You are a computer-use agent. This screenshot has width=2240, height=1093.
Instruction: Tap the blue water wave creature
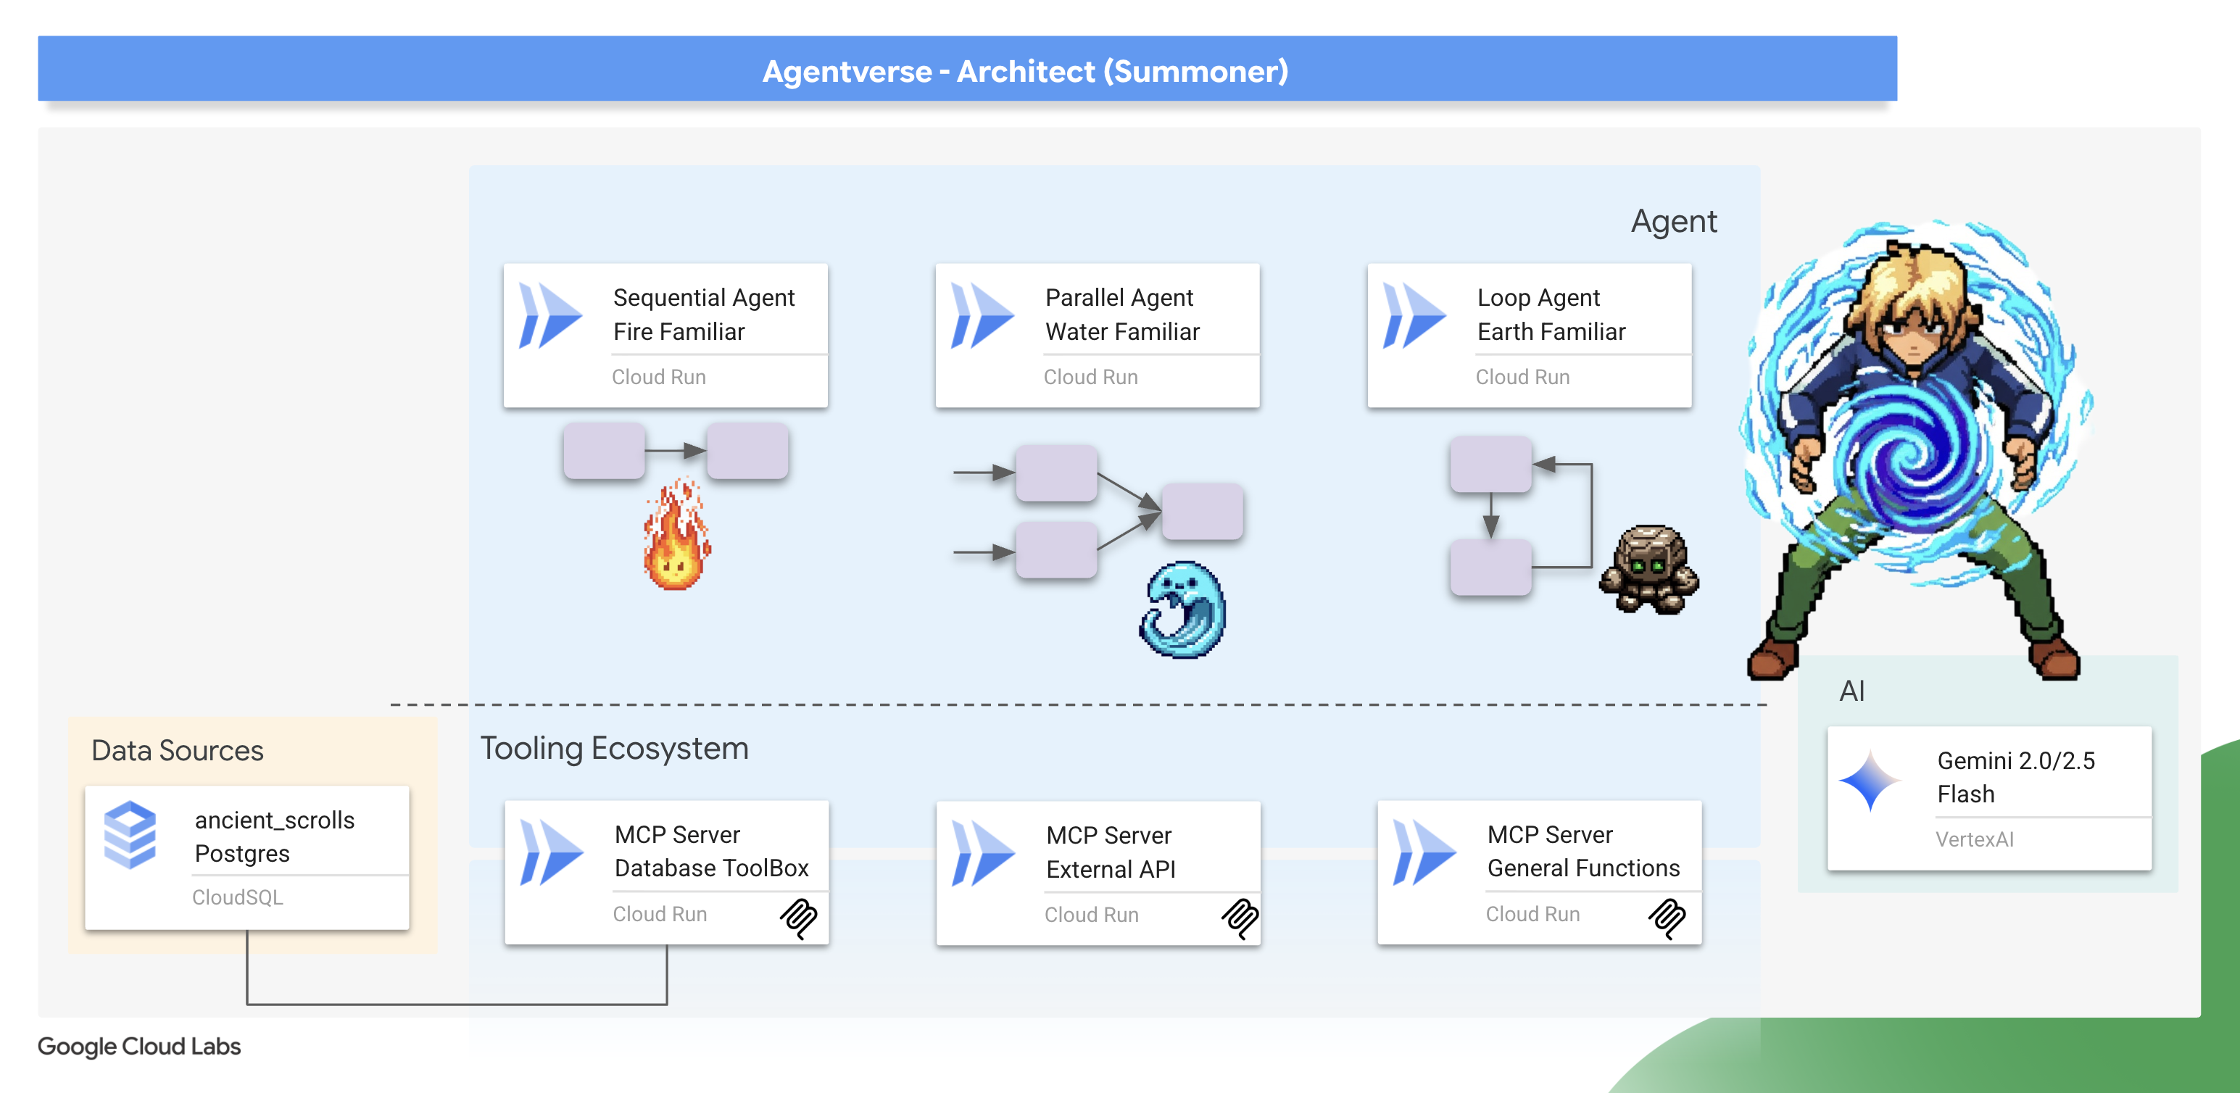point(1182,610)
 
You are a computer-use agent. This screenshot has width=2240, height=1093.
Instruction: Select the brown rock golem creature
point(1648,570)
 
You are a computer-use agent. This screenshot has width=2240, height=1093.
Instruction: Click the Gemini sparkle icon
point(1870,780)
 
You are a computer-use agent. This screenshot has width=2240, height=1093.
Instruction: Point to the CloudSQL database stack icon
point(130,835)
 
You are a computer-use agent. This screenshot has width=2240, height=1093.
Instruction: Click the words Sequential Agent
point(703,297)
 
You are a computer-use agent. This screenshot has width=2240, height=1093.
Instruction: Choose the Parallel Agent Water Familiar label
point(1121,314)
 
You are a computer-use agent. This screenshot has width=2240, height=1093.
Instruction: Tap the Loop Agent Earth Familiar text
point(1551,314)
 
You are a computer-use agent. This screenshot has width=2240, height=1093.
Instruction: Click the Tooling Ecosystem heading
point(614,748)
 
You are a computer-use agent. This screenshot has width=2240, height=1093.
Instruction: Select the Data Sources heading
point(178,750)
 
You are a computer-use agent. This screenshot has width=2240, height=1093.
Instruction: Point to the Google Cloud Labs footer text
point(139,1046)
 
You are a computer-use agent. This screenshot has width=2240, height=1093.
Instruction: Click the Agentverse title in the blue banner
point(1024,71)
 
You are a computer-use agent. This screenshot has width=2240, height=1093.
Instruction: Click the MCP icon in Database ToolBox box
point(798,918)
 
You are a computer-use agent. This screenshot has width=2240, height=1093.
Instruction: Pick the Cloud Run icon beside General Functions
point(1424,852)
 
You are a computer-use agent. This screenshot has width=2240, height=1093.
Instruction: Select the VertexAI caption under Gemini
point(1974,839)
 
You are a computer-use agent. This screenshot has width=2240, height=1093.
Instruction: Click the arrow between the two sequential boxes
point(676,450)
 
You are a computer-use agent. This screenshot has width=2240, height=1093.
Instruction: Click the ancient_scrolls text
point(275,820)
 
